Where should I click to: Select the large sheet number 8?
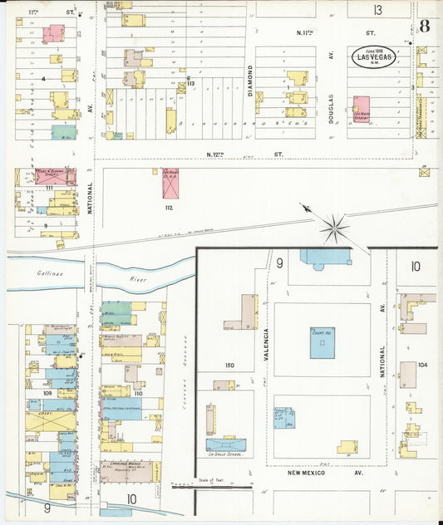coord(425,25)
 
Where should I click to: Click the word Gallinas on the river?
coord(50,272)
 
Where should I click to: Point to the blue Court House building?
coord(322,342)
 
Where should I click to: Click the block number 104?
coord(422,365)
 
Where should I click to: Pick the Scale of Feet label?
coord(213,481)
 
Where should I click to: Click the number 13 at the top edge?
coord(378,10)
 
